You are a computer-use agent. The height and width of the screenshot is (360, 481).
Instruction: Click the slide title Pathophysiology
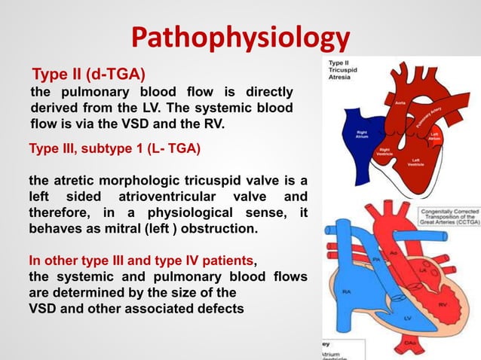pos(240,37)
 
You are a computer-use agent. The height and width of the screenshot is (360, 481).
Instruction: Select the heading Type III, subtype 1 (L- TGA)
pos(114,148)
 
